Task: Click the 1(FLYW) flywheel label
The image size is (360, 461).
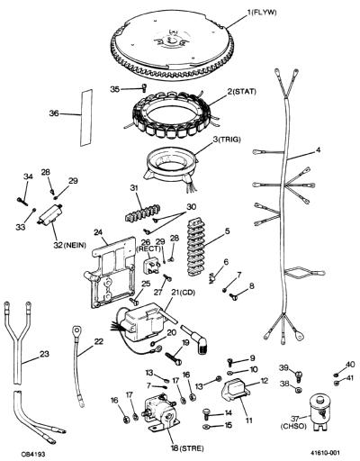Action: coord(262,13)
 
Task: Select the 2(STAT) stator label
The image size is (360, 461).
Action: coord(241,91)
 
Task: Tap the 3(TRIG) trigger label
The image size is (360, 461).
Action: coord(227,140)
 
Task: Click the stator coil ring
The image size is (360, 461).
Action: coord(173,114)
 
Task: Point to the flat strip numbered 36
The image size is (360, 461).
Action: coord(86,118)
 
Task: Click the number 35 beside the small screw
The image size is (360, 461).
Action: coord(115,89)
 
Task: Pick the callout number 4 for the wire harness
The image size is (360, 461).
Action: coord(318,149)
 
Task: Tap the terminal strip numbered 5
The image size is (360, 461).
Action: coord(196,248)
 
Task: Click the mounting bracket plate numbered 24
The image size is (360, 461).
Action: coord(112,273)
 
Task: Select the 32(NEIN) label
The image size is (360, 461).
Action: coord(69,245)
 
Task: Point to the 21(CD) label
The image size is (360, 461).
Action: coord(183,293)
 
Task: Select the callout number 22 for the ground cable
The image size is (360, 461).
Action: coord(98,341)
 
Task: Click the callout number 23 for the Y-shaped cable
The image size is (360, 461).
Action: coord(44,354)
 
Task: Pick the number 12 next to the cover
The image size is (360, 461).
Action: coord(264,381)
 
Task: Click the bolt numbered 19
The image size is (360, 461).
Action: coord(174,358)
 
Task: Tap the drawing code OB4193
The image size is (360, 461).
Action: coord(33,452)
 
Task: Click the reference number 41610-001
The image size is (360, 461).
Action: coord(325,452)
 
